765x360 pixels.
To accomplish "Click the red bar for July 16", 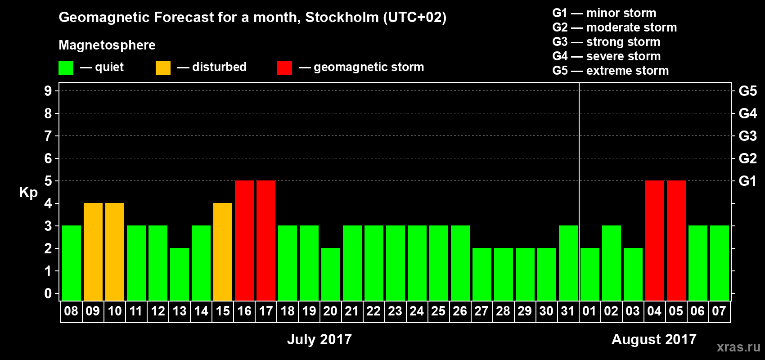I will pos(244,240).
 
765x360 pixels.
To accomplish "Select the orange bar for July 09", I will pos(93,252).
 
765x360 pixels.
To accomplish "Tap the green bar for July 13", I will pos(180,274).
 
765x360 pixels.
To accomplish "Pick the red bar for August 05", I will pos(676,240).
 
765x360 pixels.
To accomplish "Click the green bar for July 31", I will pos(568,263).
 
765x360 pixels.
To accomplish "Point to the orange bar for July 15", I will pos(223,252).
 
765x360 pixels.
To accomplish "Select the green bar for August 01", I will pos(590,274).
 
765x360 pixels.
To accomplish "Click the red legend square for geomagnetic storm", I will pos(284,68).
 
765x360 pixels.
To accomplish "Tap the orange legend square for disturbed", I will pos(163,68).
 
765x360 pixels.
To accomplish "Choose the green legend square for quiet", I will pos(66,68).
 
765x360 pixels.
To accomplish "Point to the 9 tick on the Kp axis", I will pos(48,91).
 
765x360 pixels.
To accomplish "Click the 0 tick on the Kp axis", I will pos(48,294).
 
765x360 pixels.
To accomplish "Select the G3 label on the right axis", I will pos(747,136).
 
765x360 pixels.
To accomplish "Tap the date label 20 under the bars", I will pos(330,311).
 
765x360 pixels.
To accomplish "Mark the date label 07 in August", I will pos(719,311).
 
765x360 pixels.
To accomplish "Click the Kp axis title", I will pos(28,192).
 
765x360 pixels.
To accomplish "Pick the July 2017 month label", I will pos(319,339).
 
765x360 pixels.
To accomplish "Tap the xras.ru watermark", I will pos(738,346).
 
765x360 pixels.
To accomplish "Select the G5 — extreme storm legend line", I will pos(611,71).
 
